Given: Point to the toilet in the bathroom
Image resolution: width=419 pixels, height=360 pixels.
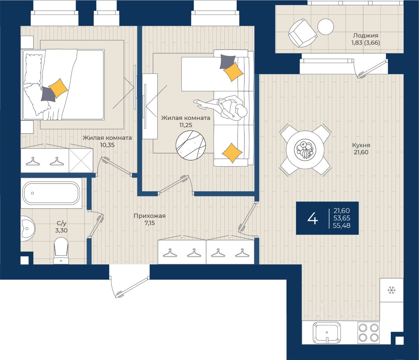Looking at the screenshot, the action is click(x=61, y=251).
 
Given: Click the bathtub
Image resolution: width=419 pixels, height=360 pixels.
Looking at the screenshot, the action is click(x=51, y=193).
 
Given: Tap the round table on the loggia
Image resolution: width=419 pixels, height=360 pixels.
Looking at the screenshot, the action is click(x=325, y=27).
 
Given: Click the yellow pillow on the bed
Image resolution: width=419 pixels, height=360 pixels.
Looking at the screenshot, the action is click(x=58, y=88).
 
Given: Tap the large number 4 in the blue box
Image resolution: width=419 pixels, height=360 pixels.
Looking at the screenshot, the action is click(x=313, y=218).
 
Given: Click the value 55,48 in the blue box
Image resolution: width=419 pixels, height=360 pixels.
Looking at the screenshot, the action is click(x=341, y=225).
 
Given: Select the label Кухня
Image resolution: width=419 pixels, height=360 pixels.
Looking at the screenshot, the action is click(x=361, y=145).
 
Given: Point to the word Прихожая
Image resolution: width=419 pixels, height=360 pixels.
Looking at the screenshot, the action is click(x=150, y=216).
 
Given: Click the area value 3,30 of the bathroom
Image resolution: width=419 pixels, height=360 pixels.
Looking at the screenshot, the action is click(x=61, y=230).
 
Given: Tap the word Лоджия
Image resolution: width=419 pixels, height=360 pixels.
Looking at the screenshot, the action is click(x=366, y=36).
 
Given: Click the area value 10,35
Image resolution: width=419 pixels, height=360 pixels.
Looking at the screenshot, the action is click(x=107, y=145).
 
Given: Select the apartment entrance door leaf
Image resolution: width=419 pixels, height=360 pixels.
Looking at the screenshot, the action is click(x=132, y=288).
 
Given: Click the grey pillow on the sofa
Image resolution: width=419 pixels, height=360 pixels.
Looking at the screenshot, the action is click(x=228, y=62).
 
